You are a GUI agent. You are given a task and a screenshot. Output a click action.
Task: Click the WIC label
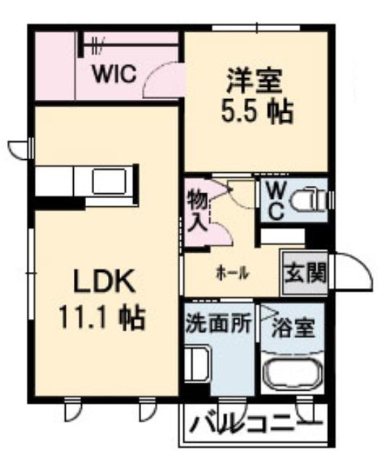[114, 74]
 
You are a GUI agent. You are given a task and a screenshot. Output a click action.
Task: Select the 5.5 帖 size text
[258, 112]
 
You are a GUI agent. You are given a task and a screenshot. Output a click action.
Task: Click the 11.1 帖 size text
[102, 318]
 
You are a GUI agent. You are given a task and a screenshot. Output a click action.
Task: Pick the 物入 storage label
[198, 210]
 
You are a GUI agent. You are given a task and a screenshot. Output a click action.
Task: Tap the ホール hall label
[232, 273]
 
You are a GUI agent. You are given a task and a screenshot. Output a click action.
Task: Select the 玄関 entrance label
[305, 272]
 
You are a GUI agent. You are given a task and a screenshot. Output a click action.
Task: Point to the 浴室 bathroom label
[292, 328]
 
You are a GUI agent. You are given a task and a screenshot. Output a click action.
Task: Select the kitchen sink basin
[109, 182]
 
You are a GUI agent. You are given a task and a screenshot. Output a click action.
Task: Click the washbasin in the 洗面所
[197, 363]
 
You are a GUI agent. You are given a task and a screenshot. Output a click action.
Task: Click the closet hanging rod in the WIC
[131, 45]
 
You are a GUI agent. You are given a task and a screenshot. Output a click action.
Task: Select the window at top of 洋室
[256, 28]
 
